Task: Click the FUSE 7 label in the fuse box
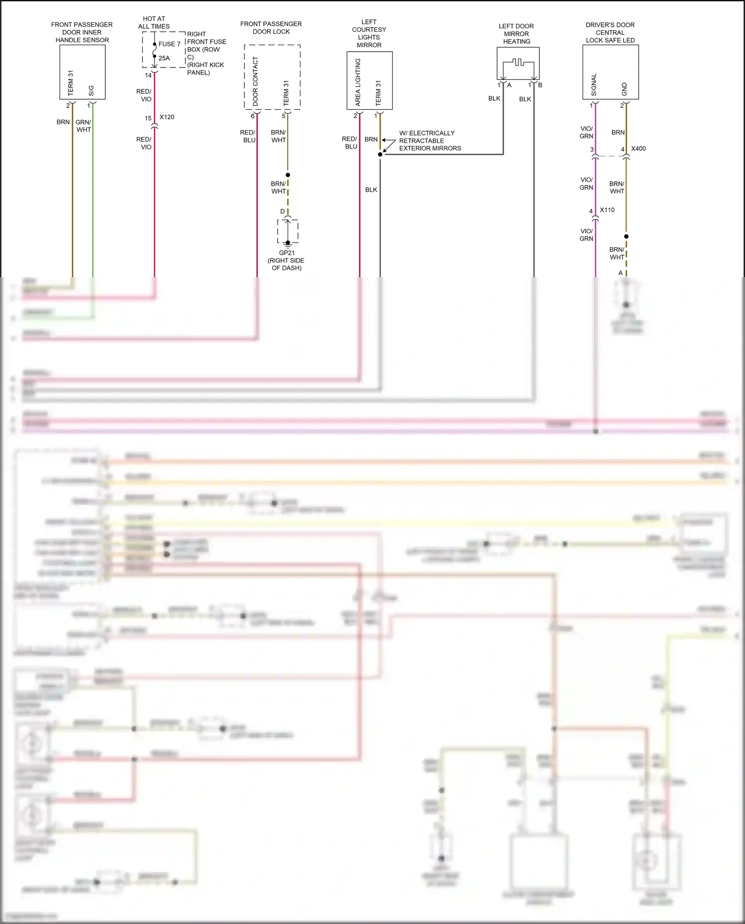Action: [x=169, y=44]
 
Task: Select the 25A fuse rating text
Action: [x=164, y=58]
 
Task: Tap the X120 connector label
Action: [x=167, y=117]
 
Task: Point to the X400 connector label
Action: [x=638, y=148]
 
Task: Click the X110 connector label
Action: [x=607, y=210]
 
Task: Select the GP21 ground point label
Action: [x=287, y=253]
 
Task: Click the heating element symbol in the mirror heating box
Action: [x=518, y=63]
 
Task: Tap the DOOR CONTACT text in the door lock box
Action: [x=255, y=81]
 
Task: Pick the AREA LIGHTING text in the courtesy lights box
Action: [x=358, y=82]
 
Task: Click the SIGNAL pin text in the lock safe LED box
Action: [x=594, y=85]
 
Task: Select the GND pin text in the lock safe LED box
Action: [x=624, y=89]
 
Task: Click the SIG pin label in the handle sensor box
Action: [x=91, y=91]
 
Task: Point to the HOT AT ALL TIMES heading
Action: [x=154, y=22]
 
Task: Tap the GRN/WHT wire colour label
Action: [x=83, y=126]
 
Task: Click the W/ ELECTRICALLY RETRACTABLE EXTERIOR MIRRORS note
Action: [x=430, y=141]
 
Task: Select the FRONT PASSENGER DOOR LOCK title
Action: [x=271, y=27]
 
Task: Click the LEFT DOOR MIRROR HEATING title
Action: [x=517, y=34]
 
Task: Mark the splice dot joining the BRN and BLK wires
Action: [x=380, y=154]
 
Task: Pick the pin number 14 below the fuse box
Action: [x=148, y=75]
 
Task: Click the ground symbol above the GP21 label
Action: [x=288, y=243]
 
